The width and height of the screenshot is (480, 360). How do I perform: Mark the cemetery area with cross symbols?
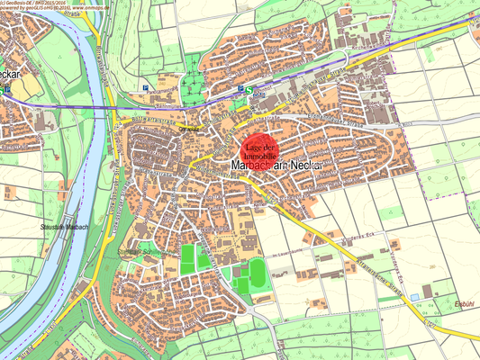[191, 87]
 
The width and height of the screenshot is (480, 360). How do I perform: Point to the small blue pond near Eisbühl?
[413, 296]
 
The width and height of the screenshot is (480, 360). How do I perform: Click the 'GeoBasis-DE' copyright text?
[23, 4]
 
